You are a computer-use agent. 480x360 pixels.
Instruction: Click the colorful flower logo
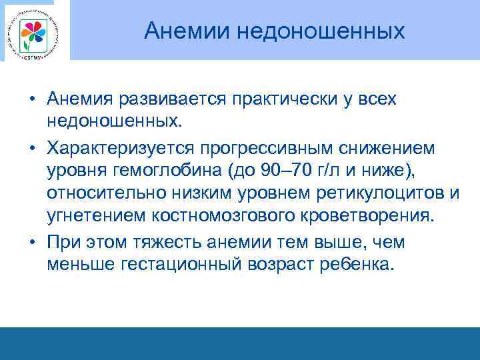click(33, 32)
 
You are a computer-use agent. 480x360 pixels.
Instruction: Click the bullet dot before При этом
click(31, 241)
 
